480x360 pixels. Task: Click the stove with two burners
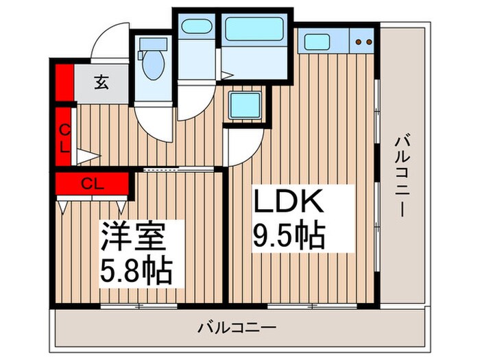pyautogui.click(x=363, y=41)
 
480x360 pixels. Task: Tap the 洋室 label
pyautogui.click(x=134, y=237)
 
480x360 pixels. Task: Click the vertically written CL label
pyautogui.click(x=63, y=137)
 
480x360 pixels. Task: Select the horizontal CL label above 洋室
pyautogui.click(x=93, y=183)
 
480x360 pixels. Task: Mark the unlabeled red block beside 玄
pyautogui.click(x=64, y=81)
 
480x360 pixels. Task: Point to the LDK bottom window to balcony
pyautogui.click(x=302, y=305)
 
